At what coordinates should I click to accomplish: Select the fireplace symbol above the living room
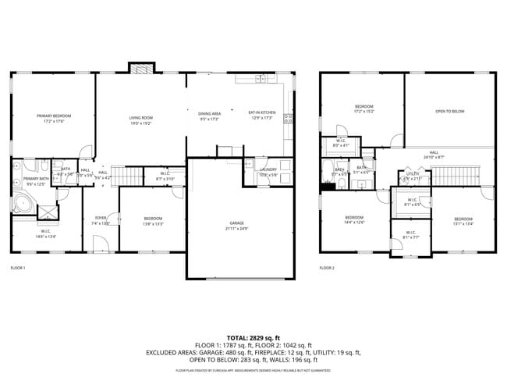[x=140, y=69]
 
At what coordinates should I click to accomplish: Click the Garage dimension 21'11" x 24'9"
[x=237, y=229]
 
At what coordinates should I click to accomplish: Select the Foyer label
[x=101, y=218]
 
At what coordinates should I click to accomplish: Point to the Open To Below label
[x=449, y=112]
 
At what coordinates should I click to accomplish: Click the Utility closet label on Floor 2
[x=413, y=174]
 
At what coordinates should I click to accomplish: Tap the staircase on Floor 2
[x=455, y=175]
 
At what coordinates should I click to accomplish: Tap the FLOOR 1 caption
[x=18, y=268]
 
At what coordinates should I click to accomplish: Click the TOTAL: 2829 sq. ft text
[x=253, y=338]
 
